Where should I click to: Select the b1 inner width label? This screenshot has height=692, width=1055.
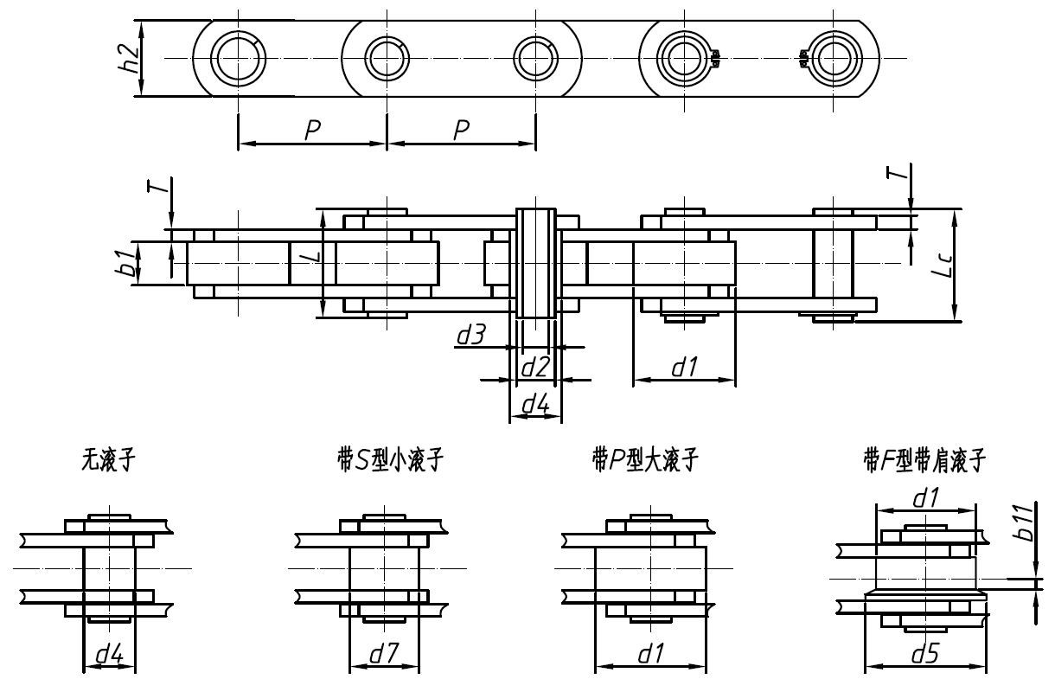pyautogui.click(x=126, y=261)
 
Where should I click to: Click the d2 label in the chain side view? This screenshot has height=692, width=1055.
pyautogui.click(x=534, y=367)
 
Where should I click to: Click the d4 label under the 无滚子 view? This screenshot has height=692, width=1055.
pyautogui.click(x=109, y=655)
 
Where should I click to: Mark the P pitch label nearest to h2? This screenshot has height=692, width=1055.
pyautogui.click(x=313, y=130)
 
